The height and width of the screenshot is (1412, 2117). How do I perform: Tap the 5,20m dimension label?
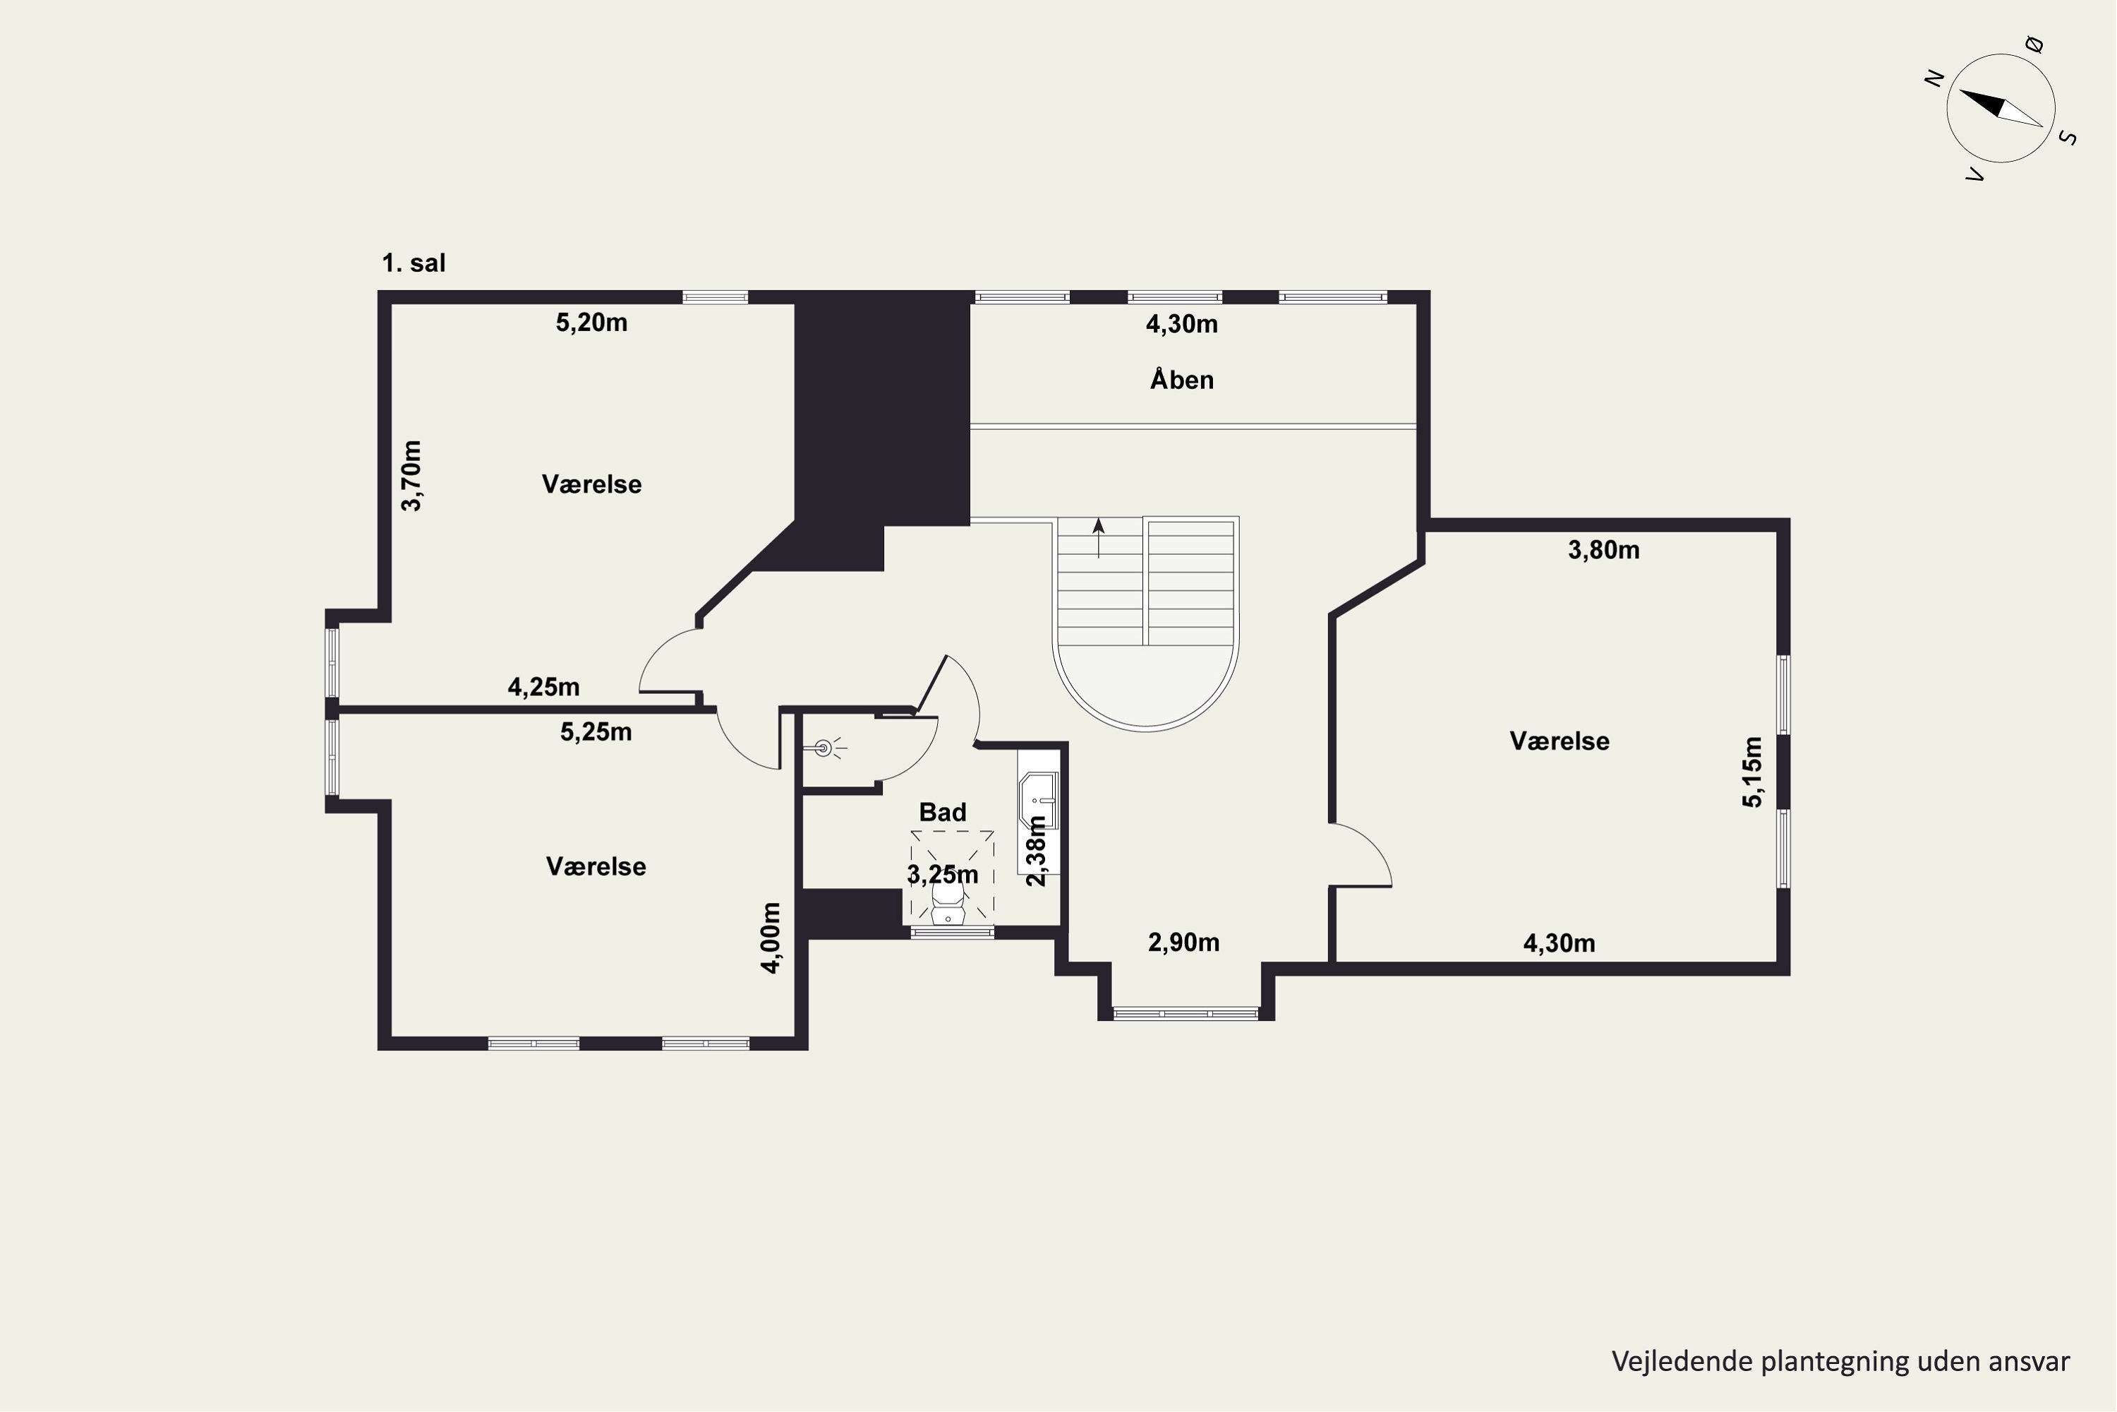tap(591, 323)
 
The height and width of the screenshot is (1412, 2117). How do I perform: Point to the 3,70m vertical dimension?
tap(411, 475)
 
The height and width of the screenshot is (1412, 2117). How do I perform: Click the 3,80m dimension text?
tap(1604, 549)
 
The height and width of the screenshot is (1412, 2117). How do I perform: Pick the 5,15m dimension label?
tap(1752, 772)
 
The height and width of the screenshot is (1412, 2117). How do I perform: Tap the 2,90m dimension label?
tap(1183, 942)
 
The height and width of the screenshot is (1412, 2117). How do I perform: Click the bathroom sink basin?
tap(1038, 800)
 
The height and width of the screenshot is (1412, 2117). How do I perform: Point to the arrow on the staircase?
tap(1098, 537)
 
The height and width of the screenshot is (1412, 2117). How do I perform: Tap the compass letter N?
tap(1934, 79)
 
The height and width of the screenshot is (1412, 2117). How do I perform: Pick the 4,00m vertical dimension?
tap(771, 938)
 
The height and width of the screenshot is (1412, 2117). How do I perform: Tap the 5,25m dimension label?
tap(596, 731)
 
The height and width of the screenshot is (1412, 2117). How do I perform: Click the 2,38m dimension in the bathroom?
tap(1037, 851)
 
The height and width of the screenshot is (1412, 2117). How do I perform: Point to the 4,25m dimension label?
tap(543, 687)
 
